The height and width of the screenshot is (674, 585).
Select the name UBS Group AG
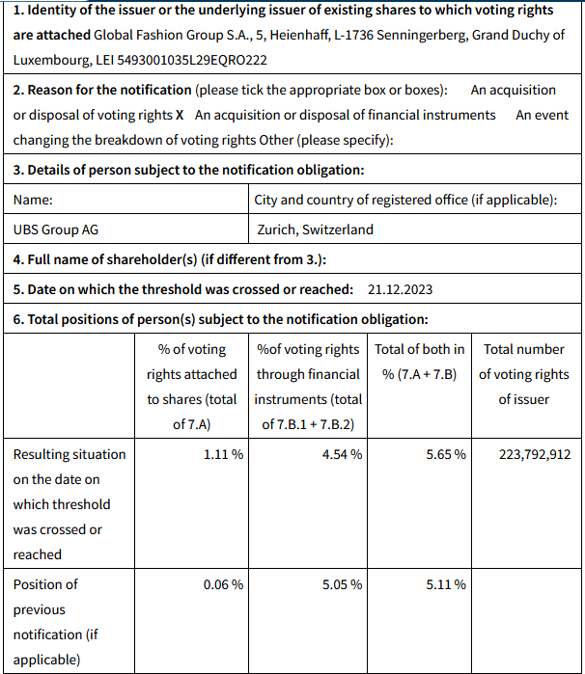pyautogui.click(x=56, y=229)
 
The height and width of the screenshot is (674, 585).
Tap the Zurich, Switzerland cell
pyautogui.click(x=316, y=229)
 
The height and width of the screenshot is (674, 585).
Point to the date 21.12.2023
pyautogui.click(x=401, y=289)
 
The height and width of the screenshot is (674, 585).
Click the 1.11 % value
pyautogui.click(x=223, y=454)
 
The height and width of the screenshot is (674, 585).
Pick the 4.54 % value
pyautogui.click(x=342, y=454)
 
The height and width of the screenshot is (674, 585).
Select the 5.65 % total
pyautogui.click(x=445, y=454)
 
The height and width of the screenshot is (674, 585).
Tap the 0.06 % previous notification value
pyautogui.click(x=223, y=584)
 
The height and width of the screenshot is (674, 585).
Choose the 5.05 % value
pyautogui.click(x=342, y=584)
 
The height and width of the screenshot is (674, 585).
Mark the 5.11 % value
pyautogui.click(x=445, y=584)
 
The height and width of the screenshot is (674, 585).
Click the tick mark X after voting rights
pyautogui.click(x=180, y=115)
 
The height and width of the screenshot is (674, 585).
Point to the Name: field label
pyautogui.click(x=33, y=201)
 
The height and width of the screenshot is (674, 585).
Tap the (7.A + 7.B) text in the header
pyautogui.click(x=419, y=374)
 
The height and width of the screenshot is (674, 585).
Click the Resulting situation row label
pyautogui.click(x=70, y=454)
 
